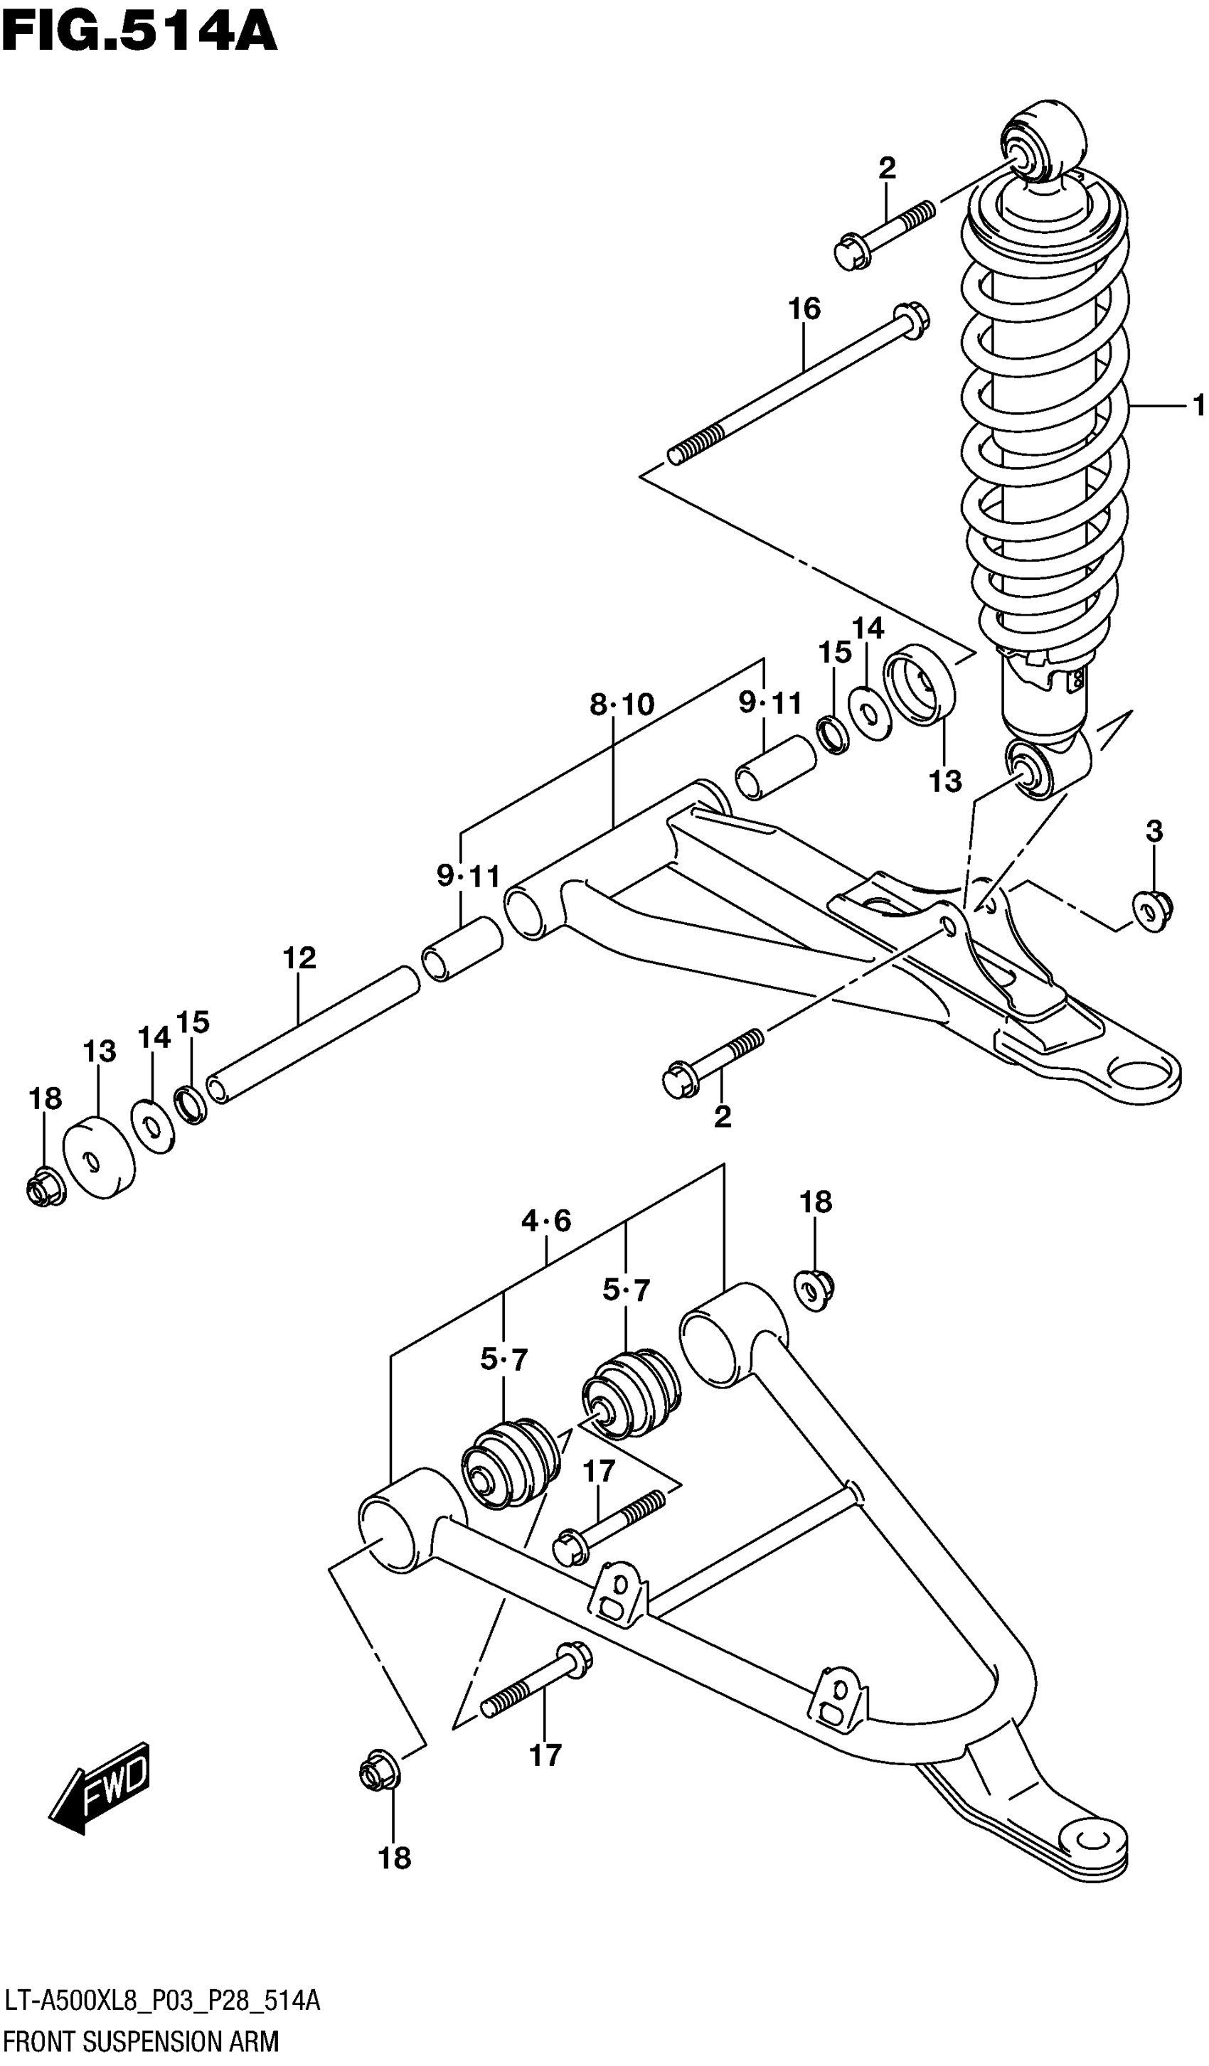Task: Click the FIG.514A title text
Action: tap(139, 34)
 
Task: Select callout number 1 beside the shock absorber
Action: tap(1198, 405)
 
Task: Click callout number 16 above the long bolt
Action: tap(804, 309)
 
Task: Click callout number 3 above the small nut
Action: tap(1154, 831)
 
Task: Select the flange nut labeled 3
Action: tap(1152, 911)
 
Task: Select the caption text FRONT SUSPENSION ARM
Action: tap(141, 2041)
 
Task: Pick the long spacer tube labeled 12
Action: tap(311, 1035)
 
